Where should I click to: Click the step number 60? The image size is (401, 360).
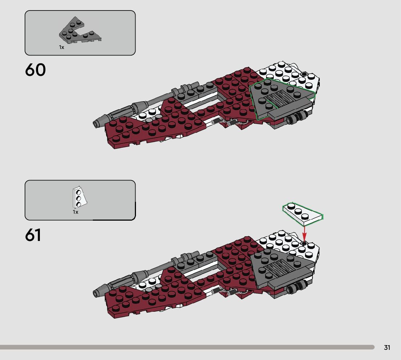pos(36,70)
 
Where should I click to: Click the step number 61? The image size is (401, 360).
pos(33,235)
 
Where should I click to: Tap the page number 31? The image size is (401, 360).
pos(387,348)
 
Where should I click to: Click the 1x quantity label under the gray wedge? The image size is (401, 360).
pos(62,47)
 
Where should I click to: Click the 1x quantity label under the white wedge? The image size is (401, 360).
pos(75,212)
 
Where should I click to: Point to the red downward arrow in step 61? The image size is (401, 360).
pos(304,231)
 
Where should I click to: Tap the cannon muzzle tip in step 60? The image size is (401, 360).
pos(96,124)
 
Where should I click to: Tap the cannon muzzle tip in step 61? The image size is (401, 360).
pos(96,292)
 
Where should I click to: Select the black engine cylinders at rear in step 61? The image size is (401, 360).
pos(295,289)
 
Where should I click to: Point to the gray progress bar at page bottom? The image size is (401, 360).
pos(187,347)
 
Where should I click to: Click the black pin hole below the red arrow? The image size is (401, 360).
pos(304,243)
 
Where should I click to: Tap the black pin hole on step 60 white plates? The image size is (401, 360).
pos(304,74)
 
